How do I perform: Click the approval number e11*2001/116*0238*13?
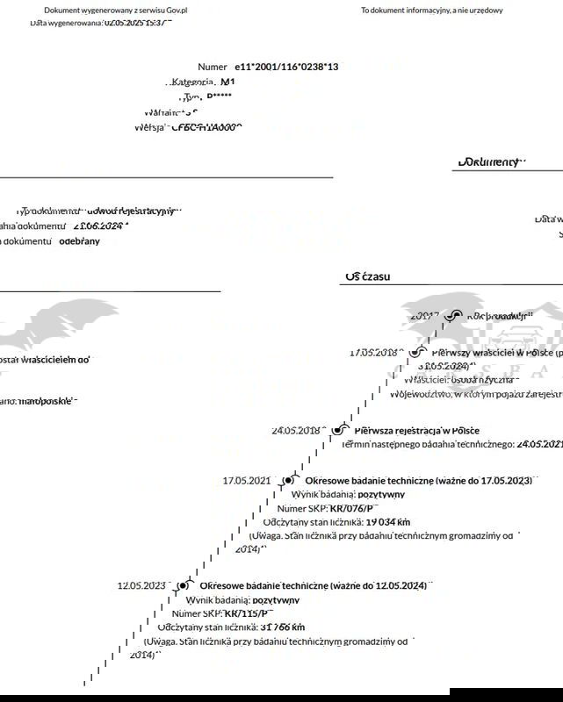[x=286, y=67]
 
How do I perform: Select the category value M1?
[x=227, y=82]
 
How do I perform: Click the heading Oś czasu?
[x=368, y=276]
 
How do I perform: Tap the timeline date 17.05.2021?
[x=247, y=481]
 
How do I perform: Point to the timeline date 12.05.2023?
[x=141, y=585]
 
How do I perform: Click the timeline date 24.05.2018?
[x=296, y=431]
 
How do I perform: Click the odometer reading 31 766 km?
[x=282, y=627]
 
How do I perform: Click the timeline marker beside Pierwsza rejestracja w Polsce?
[x=336, y=430]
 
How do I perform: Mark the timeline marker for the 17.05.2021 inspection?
[x=287, y=481]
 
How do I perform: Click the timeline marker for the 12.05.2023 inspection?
[x=183, y=585]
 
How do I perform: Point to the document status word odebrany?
[x=79, y=240]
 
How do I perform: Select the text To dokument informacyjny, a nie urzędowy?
[x=432, y=11]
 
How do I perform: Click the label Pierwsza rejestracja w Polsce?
[x=416, y=431]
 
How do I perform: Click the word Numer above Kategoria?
[x=213, y=67]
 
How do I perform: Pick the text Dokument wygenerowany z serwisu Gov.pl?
[x=116, y=11]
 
